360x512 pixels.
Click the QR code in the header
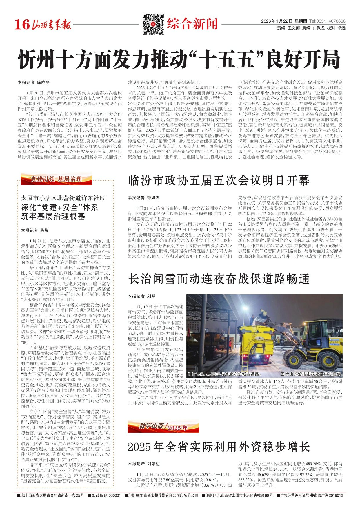[153, 24]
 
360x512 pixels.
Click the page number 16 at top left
[22, 25]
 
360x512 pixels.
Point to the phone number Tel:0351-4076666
[327, 21]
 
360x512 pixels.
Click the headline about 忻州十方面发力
[179, 59]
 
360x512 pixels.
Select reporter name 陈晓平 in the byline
[43, 83]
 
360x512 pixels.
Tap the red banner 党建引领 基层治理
[56, 179]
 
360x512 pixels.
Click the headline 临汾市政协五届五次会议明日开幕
[219, 181]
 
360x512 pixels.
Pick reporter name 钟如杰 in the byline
[153, 198]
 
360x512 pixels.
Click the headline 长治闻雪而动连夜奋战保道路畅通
[219, 279]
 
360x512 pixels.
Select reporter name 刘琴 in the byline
[151, 296]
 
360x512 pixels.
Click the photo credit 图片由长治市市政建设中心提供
[310, 374]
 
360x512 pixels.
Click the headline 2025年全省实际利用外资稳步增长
[219, 447]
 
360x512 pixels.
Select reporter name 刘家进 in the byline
[153, 464]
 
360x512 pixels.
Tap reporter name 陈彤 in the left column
[44, 230]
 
